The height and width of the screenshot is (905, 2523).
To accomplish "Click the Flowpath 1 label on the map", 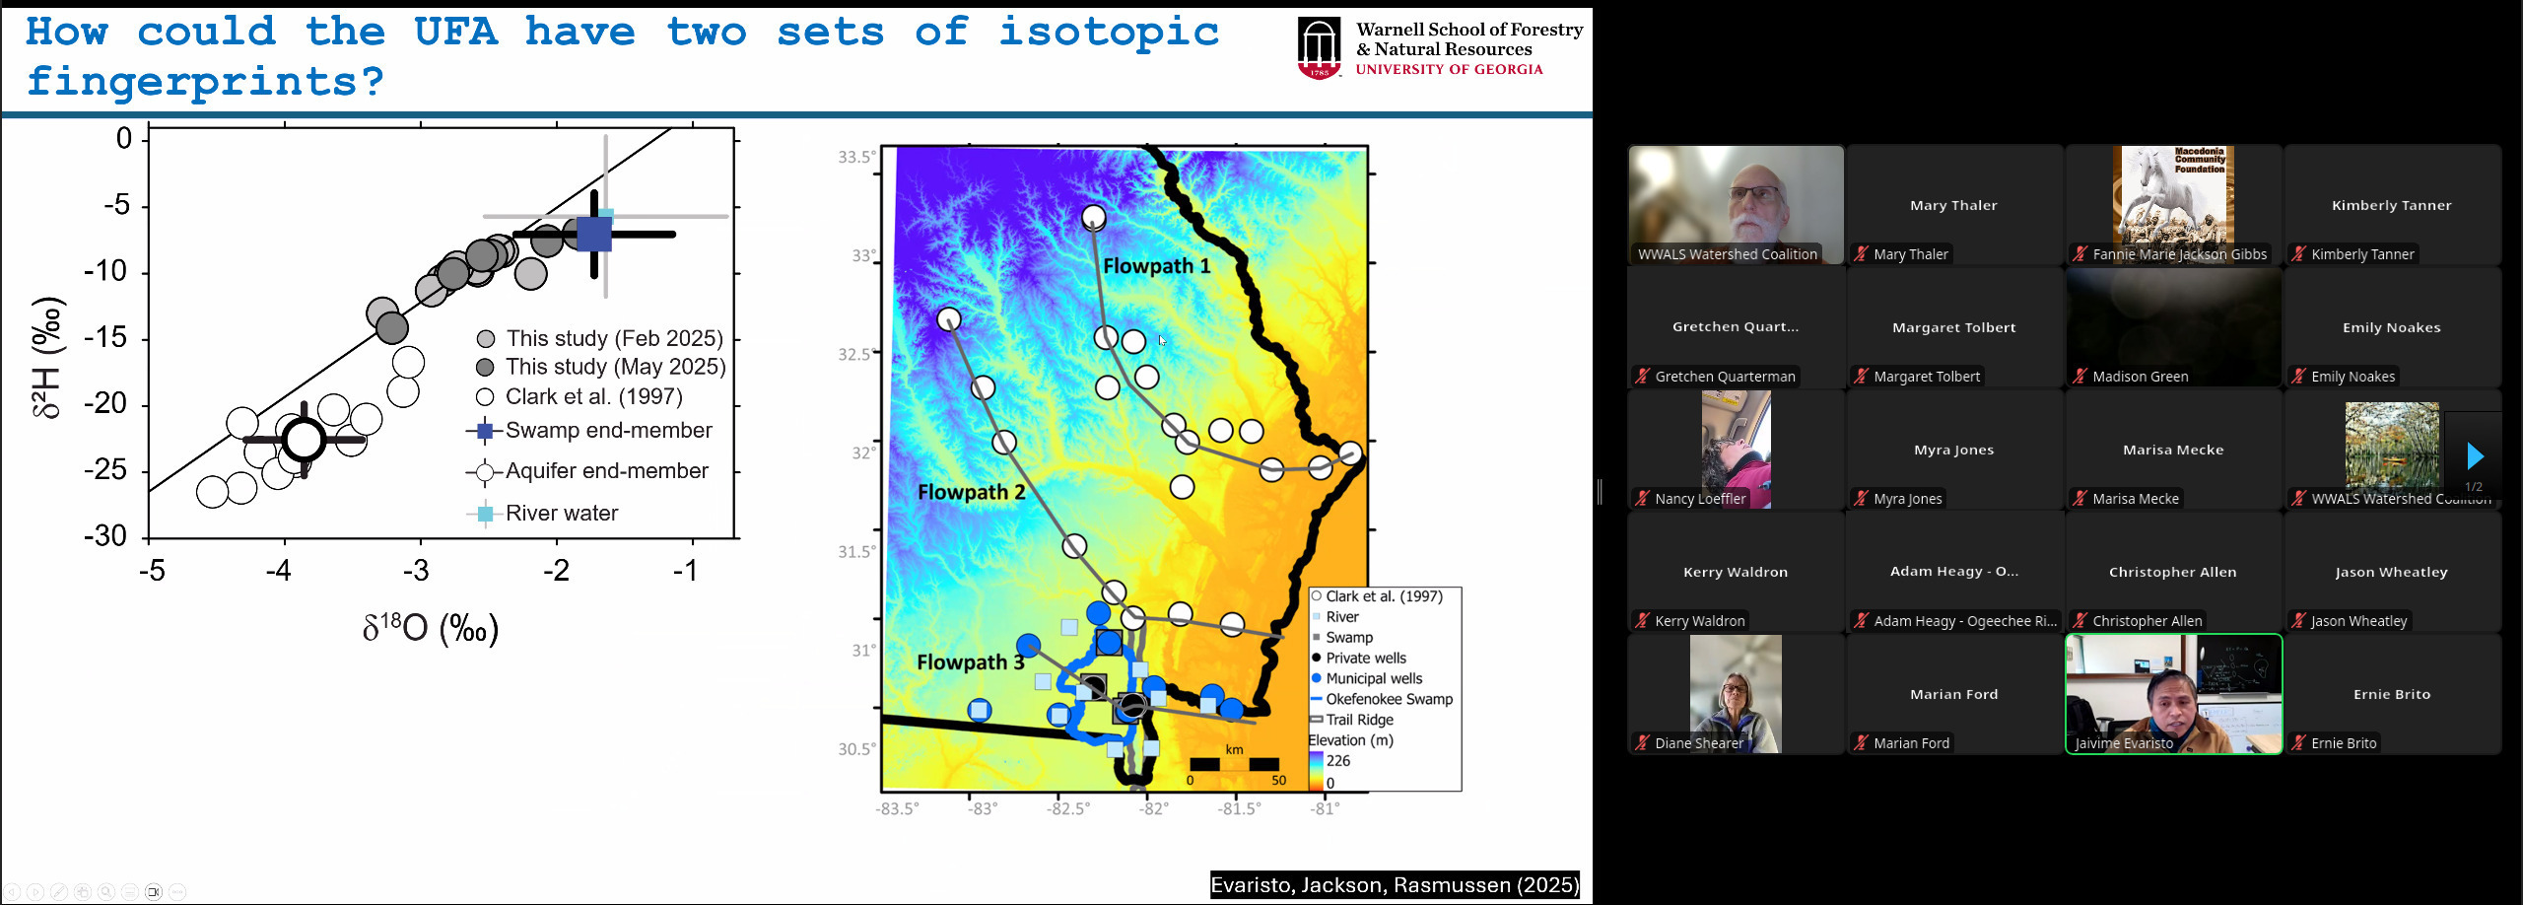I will tap(1156, 266).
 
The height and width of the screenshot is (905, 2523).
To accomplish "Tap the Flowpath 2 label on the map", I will tap(971, 492).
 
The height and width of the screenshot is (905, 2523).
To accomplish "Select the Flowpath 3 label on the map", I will tap(970, 662).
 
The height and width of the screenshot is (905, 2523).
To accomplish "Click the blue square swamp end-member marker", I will tap(594, 234).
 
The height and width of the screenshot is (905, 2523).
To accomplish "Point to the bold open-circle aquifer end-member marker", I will tap(304, 440).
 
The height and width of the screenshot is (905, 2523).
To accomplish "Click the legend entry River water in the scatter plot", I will tap(561, 514).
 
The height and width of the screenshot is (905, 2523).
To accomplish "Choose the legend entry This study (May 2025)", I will tap(615, 367).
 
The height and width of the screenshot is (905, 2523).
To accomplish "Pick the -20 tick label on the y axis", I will tap(105, 403).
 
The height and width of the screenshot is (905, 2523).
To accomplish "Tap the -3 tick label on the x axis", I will tap(416, 571).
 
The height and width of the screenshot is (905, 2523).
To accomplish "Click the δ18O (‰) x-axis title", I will tap(431, 628).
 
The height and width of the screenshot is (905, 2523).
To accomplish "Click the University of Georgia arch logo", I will tap(1319, 47).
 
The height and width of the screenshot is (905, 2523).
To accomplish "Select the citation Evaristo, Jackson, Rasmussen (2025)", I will tap(1394, 885).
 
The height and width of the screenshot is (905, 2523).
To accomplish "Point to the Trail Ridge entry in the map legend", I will tap(1359, 720).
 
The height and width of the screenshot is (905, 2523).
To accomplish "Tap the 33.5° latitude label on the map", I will tap(855, 158).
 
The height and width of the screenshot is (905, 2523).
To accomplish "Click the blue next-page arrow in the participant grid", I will tap(2475, 455).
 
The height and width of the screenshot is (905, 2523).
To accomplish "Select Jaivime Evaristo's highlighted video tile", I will tap(2173, 694).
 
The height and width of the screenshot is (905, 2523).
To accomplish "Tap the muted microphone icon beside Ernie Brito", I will tap(2299, 743).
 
